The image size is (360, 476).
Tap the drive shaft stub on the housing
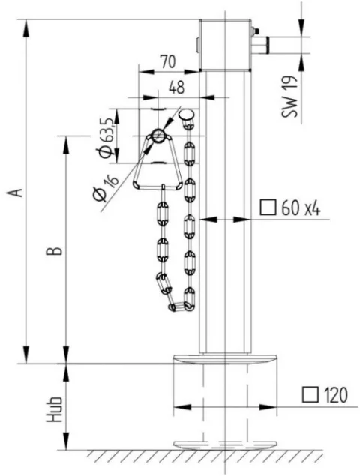(x=265, y=45)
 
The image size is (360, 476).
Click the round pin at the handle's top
(x=158, y=136)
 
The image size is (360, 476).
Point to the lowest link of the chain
(x=180, y=306)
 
